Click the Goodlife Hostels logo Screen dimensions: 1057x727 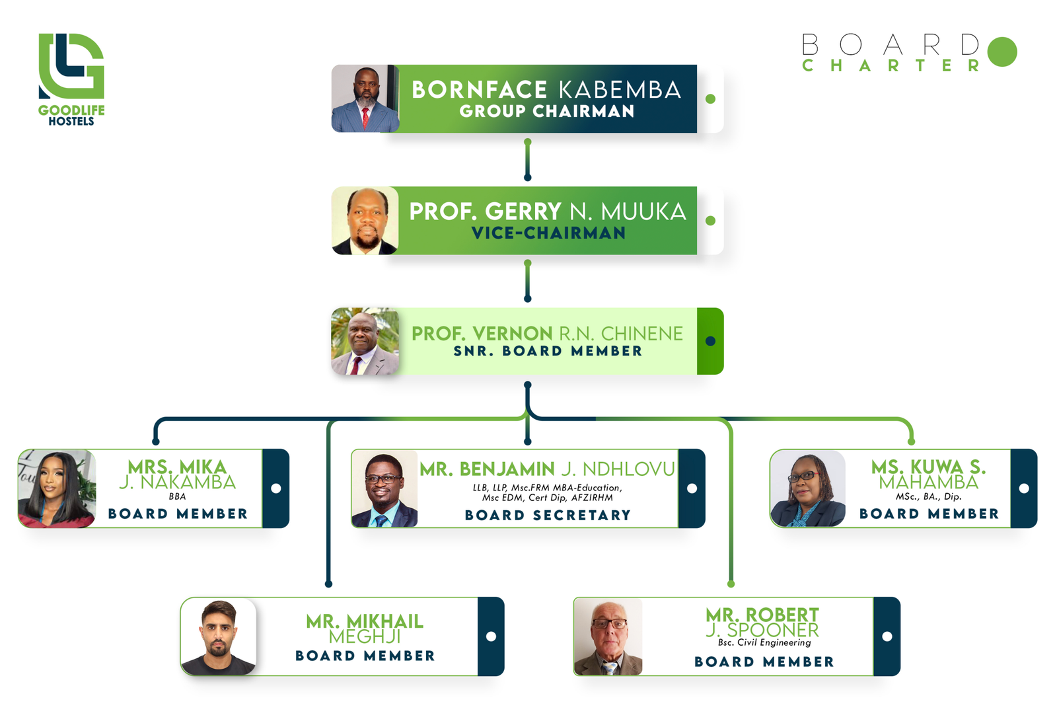coord(71,79)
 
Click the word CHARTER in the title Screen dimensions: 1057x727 coord(891,65)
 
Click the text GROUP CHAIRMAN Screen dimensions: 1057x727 coord(547,111)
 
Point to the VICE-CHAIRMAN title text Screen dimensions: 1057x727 coord(548,233)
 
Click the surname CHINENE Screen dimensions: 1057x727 coord(641,334)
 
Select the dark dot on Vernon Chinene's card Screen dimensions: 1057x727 coord(710,341)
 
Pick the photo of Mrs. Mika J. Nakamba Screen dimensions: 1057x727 coord(57,488)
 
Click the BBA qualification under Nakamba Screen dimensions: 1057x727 coord(178,496)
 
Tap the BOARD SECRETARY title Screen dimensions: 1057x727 coord(548,515)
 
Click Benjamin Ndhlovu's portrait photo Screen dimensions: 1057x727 coord(384,488)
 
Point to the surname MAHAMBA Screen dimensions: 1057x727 coord(929,482)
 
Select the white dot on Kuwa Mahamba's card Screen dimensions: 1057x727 coord(1024,488)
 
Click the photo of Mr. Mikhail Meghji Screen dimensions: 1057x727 coord(219,636)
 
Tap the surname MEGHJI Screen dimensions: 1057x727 coord(365,637)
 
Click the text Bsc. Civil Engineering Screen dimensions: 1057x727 coord(764,642)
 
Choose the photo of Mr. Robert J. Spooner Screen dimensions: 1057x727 coord(608,636)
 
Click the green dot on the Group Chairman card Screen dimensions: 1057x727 coord(710,98)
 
